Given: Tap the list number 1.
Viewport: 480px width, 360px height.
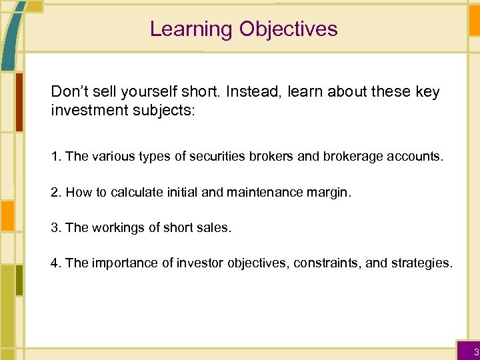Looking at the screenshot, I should (55, 157).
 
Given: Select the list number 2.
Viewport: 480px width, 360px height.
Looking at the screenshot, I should (55, 193).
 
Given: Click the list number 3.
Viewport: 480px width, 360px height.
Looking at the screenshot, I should (55, 227).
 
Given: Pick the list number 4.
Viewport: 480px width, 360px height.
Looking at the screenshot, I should (55, 263).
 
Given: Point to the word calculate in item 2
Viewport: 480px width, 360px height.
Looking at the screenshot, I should (135, 193).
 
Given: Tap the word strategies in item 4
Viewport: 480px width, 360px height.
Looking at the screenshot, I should (419, 263).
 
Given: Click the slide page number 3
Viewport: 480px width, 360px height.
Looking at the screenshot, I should (475, 351).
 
